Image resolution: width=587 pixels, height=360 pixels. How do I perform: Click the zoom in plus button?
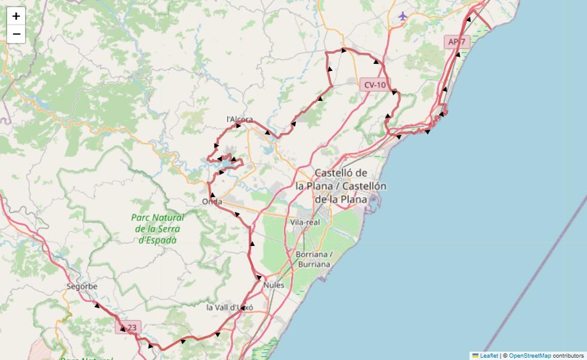16,16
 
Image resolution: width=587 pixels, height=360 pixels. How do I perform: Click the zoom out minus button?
16,34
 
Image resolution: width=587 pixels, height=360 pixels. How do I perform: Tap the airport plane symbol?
403,16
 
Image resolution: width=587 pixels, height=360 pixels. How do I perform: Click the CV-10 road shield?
375,85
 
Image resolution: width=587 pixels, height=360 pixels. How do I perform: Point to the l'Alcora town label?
239,119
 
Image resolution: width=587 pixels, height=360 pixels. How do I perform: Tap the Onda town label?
212,201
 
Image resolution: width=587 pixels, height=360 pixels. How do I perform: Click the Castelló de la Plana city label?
341,186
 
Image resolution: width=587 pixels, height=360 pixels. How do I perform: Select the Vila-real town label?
305,222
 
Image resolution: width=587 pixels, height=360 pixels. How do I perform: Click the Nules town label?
274,285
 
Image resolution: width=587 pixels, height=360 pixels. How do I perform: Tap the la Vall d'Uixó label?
230,307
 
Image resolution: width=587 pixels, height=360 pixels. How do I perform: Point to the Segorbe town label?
82,287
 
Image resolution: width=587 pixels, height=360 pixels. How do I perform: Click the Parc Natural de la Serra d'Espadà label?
157,229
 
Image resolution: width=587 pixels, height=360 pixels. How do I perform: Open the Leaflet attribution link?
489,356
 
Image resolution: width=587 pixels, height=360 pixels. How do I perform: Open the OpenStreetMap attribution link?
530,356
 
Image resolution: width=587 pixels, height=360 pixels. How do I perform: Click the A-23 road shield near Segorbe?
128,327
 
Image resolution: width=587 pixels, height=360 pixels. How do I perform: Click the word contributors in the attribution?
569,356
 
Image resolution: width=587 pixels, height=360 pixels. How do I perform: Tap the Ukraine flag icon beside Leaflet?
475,356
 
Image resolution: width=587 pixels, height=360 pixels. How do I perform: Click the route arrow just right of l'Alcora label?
239,126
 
